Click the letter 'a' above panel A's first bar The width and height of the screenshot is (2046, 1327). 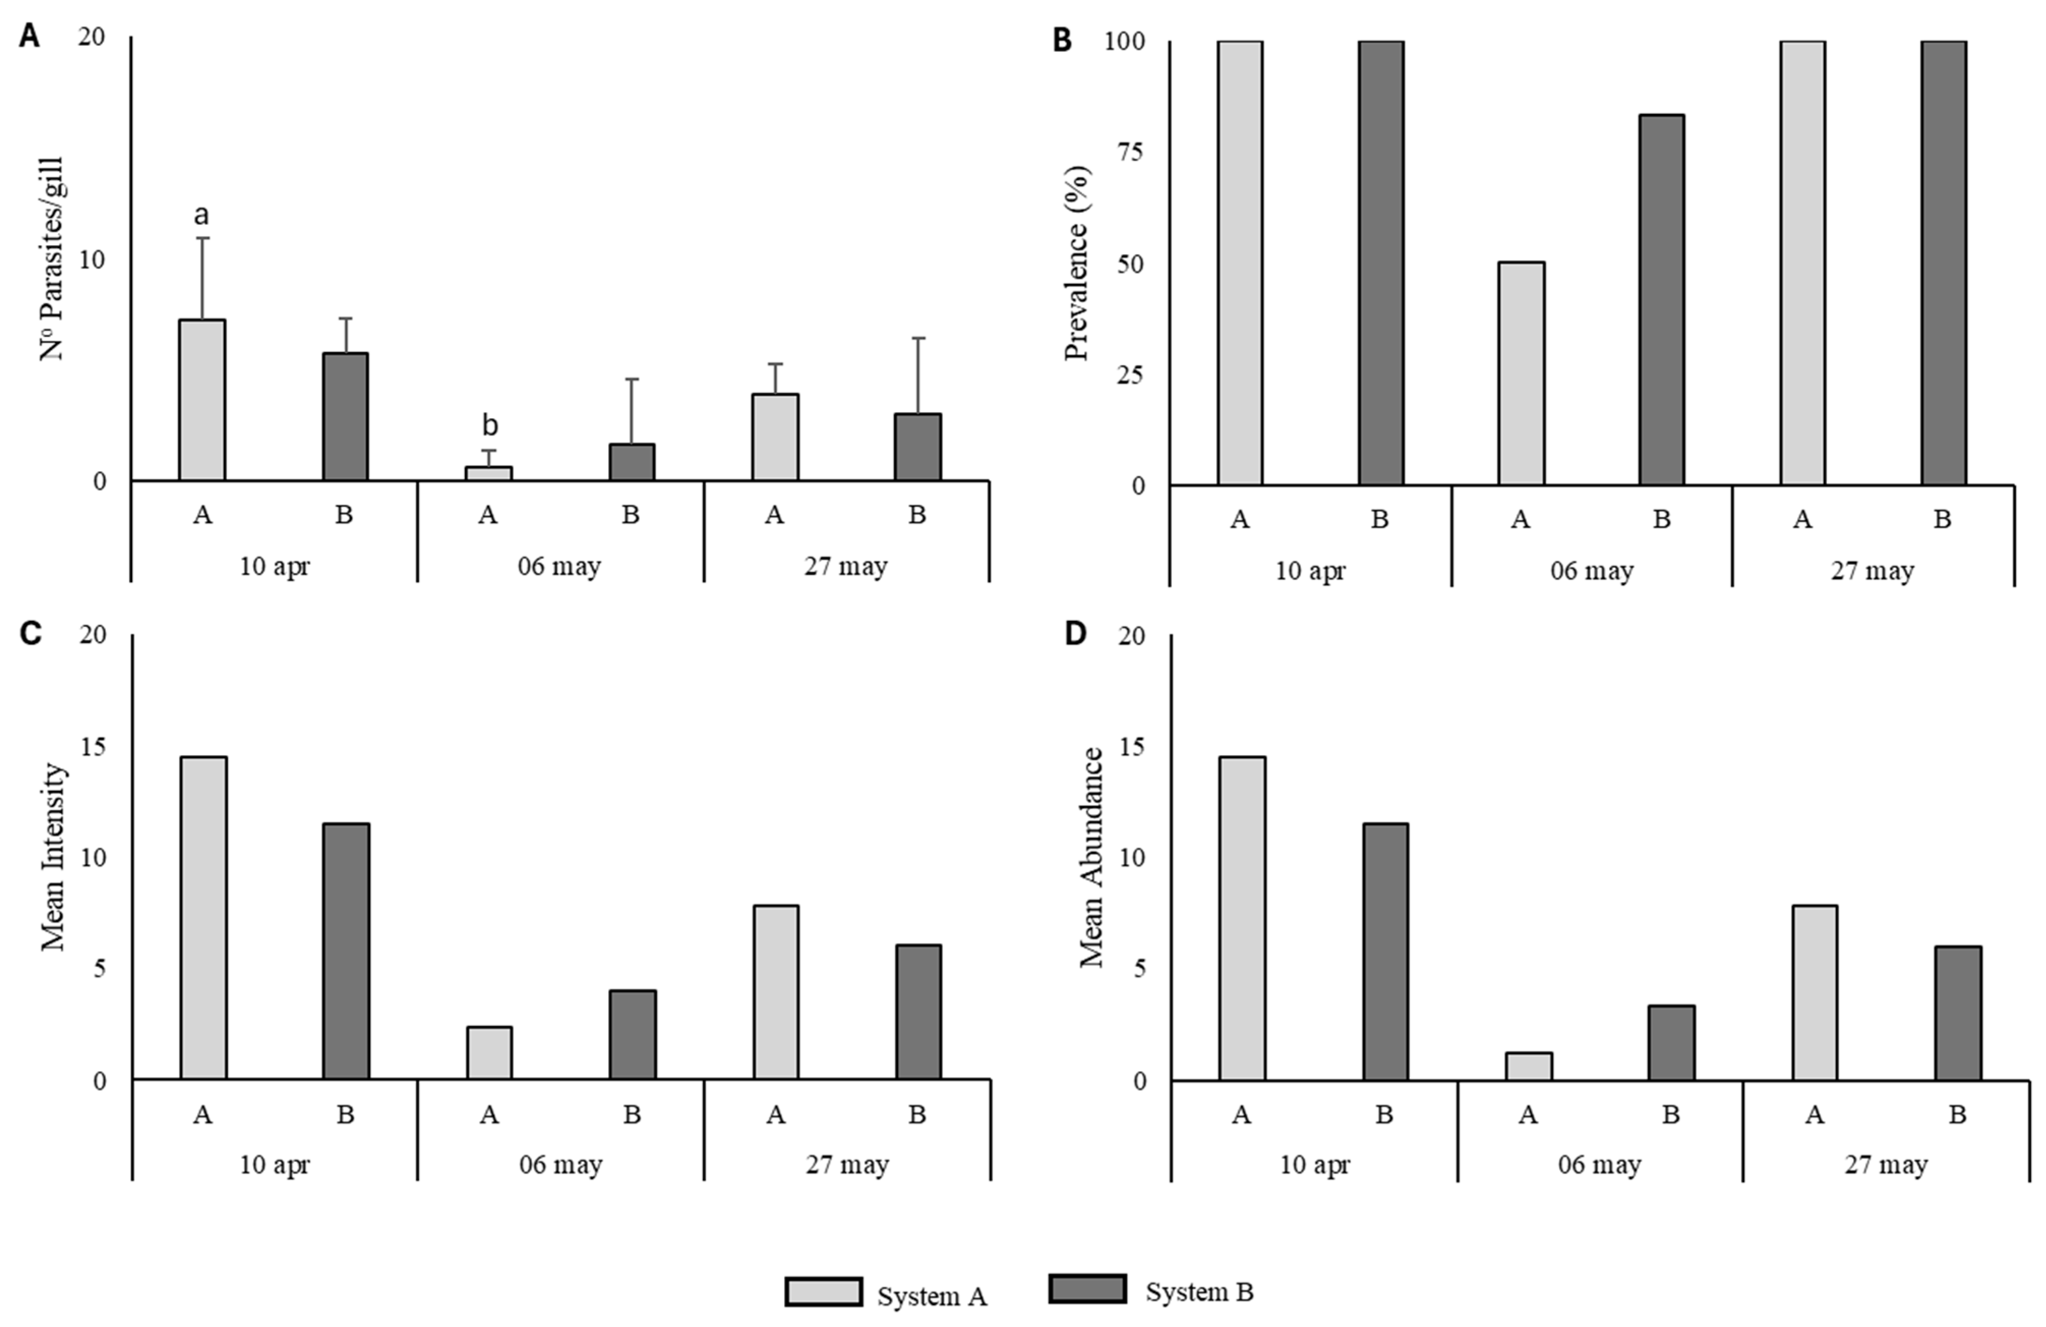pos(202,215)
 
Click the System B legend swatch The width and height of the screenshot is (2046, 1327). pos(1088,1289)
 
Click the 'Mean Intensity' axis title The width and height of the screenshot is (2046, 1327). pos(53,856)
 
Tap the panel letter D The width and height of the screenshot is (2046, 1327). pos(1075,634)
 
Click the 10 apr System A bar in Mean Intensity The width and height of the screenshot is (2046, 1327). pos(204,917)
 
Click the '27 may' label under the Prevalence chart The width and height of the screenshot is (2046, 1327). pos(1872,571)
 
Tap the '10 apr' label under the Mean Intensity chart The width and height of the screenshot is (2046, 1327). pos(274,1165)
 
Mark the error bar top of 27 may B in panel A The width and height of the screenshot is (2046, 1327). pos(918,339)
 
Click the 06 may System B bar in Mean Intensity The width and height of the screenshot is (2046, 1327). pos(633,1034)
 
